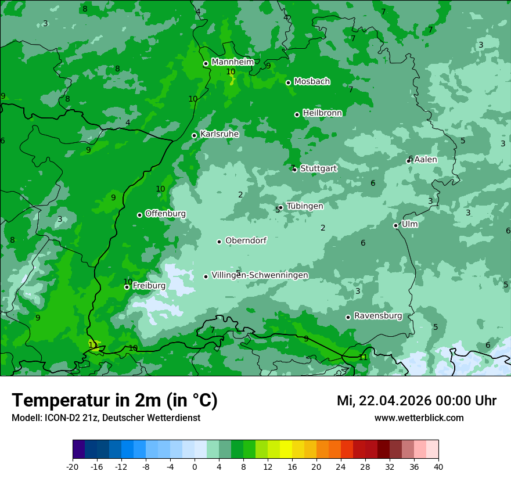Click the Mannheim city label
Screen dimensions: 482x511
pyautogui.click(x=233, y=62)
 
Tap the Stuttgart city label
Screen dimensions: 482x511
pyautogui.click(x=318, y=168)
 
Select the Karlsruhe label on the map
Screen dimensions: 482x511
pyautogui.click(x=219, y=134)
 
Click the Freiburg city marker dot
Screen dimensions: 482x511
pyautogui.click(x=127, y=287)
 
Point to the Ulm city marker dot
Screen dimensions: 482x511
pyautogui.click(x=396, y=225)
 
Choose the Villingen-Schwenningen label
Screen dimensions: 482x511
pyautogui.click(x=260, y=275)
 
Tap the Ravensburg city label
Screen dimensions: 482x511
pyautogui.click(x=377, y=316)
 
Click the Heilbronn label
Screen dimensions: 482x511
pyautogui.click(x=322, y=113)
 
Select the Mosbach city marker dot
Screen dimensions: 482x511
pyautogui.click(x=288, y=82)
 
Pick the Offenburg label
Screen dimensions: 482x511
pyautogui.click(x=165, y=214)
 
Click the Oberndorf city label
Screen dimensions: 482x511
pyautogui.click(x=246, y=240)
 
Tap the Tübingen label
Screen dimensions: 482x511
pyautogui.click(x=304, y=206)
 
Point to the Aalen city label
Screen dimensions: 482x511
pyautogui.click(x=425, y=160)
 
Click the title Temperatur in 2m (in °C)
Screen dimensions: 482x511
pyautogui.click(x=114, y=401)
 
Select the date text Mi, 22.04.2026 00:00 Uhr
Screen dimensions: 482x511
pyautogui.click(x=416, y=401)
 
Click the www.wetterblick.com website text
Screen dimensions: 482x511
pyautogui.click(x=419, y=418)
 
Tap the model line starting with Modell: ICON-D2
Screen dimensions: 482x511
pyautogui.click(x=106, y=418)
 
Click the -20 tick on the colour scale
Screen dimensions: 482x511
pyautogui.click(x=73, y=467)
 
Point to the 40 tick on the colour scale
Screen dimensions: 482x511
pyautogui.click(x=438, y=467)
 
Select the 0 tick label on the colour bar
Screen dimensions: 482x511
pyautogui.click(x=195, y=467)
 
